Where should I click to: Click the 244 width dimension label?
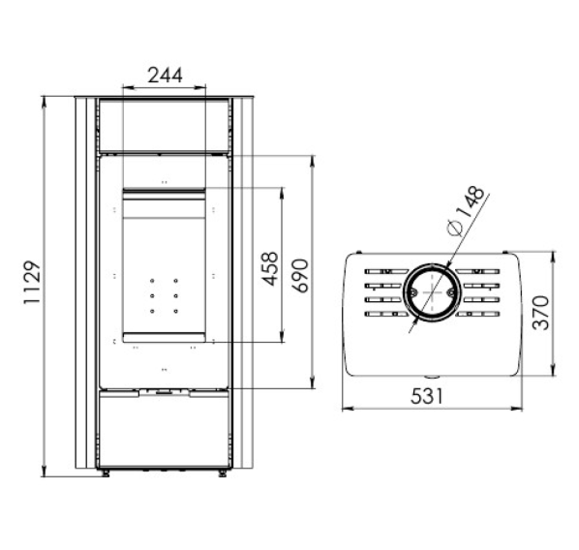click(165, 76)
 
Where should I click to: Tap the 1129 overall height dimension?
click(32, 282)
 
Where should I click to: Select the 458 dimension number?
click(270, 268)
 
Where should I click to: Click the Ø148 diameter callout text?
click(465, 210)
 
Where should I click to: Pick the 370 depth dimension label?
click(540, 313)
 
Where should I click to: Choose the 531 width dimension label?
click(426, 397)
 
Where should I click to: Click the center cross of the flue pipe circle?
click(432, 292)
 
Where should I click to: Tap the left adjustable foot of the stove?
click(106, 474)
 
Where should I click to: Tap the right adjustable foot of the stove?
click(223, 474)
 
